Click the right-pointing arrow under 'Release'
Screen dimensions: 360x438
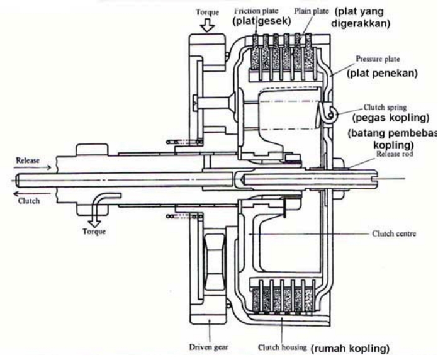click(31, 169)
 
